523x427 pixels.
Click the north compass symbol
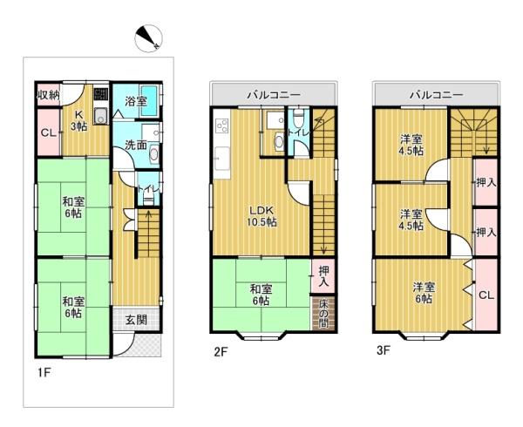pyautogui.click(x=148, y=38)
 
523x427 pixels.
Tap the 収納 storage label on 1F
pyautogui.click(x=48, y=95)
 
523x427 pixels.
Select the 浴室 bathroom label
pyautogui.click(x=136, y=101)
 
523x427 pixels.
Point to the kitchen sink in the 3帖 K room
pyautogui.click(x=100, y=117)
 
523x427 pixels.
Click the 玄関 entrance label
pyautogui.click(x=137, y=320)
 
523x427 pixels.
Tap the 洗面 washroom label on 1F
pyautogui.click(x=136, y=145)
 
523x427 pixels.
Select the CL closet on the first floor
pyautogui.click(x=49, y=132)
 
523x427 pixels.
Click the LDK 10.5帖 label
pyautogui.click(x=261, y=216)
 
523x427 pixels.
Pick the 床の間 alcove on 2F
pyautogui.click(x=323, y=314)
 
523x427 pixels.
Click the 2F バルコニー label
pyautogui.click(x=274, y=95)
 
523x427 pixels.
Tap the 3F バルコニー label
pyautogui.click(x=437, y=95)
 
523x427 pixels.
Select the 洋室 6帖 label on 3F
pyautogui.click(x=424, y=292)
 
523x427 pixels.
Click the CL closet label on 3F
pyautogui.click(x=486, y=295)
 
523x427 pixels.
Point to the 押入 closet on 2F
pyautogui.click(x=323, y=276)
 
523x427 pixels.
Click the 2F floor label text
pyautogui.click(x=221, y=352)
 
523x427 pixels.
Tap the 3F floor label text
pyautogui.click(x=384, y=350)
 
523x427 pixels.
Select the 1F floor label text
pyautogui.click(x=44, y=372)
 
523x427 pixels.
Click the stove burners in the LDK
pyautogui.click(x=222, y=126)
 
